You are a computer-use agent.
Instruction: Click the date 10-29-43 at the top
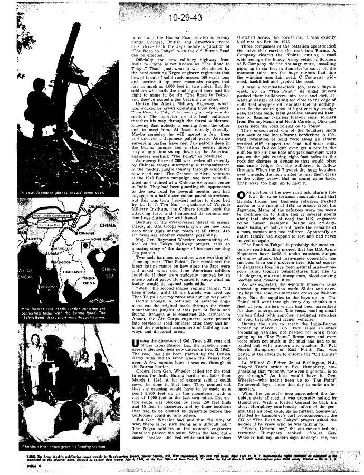coord(181,20)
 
